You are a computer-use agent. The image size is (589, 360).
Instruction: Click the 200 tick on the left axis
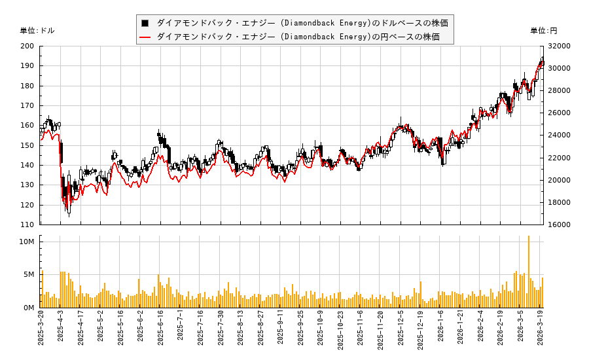(27, 46)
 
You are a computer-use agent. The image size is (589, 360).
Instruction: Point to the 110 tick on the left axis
(27, 225)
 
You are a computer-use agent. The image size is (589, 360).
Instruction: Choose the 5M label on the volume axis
(29, 275)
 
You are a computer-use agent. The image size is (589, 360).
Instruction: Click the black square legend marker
(145, 23)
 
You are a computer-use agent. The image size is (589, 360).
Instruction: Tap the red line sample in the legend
(145, 37)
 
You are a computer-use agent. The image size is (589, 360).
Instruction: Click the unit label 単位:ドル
(37, 31)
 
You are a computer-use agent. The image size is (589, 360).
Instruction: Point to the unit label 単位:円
(544, 31)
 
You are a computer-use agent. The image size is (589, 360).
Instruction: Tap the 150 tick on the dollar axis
(27, 145)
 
